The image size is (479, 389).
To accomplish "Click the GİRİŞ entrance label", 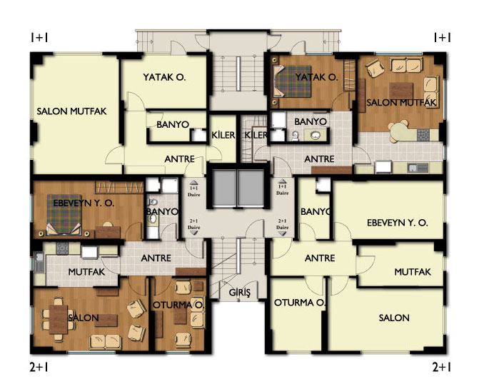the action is [x=240, y=292].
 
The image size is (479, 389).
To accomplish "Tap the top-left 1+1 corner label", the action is [x=39, y=38].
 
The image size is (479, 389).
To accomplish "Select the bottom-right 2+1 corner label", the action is [x=442, y=367].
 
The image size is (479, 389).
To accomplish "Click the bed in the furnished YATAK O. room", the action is [x=292, y=81].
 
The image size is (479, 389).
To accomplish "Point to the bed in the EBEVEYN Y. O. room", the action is [x=64, y=215].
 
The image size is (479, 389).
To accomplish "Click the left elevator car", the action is [x=224, y=188].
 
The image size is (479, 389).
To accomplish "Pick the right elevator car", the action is [x=251, y=188].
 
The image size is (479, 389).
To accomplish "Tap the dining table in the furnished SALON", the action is [x=59, y=319].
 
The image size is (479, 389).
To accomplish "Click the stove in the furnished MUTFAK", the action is [x=61, y=248].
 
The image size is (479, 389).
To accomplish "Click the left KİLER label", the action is [x=223, y=135].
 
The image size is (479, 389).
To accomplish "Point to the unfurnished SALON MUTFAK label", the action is [x=71, y=111].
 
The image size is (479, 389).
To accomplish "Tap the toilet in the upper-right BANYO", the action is [x=295, y=136].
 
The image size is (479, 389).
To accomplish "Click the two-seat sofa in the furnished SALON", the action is [x=105, y=342].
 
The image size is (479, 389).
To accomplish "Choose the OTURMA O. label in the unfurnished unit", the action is [x=300, y=303].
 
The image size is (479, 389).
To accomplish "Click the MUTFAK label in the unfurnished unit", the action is [x=413, y=272].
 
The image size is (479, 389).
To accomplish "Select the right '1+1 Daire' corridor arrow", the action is [x=282, y=181].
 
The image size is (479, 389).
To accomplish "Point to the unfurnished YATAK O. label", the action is [x=164, y=77].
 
